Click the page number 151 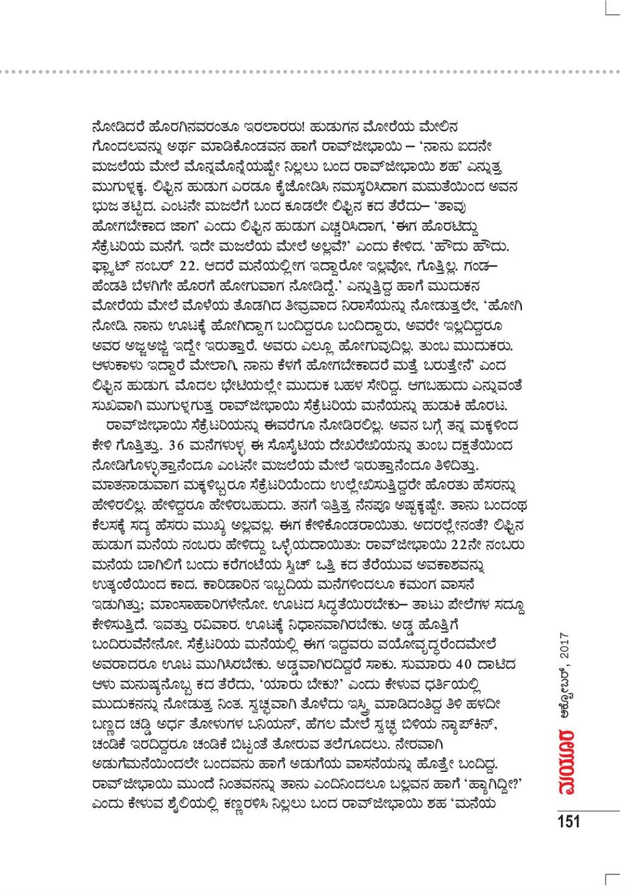568,822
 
